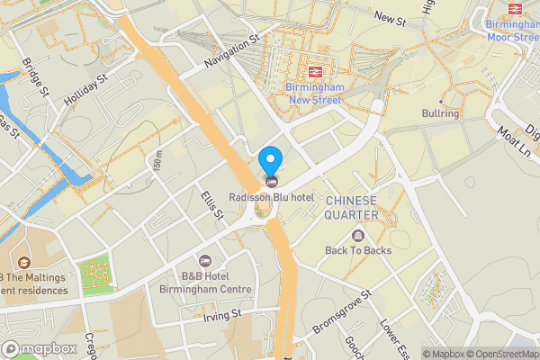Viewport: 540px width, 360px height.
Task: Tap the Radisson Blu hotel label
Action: (x=270, y=197)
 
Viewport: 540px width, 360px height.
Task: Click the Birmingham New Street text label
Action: (x=316, y=93)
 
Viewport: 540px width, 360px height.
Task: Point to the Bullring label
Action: (x=440, y=114)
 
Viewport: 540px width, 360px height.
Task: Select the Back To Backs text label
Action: (x=358, y=250)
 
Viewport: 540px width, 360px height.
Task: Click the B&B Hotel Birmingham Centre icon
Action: (x=203, y=260)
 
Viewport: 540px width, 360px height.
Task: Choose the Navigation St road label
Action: (x=231, y=51)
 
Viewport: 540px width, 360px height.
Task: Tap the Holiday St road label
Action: (x=86, y=91)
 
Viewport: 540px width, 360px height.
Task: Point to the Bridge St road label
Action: (x=36, y=78)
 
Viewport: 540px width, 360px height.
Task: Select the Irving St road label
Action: (x=222, y=315)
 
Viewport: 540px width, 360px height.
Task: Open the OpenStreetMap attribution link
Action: (x=499, y=354)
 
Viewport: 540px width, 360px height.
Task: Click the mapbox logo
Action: (x=40, y=348)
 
